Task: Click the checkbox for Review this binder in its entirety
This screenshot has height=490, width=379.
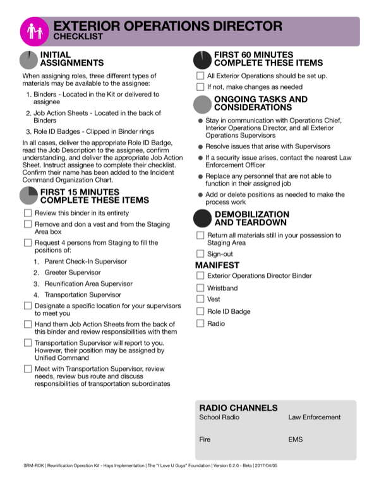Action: (x=28, y=213)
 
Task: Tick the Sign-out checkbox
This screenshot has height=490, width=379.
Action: (x=200, y=254)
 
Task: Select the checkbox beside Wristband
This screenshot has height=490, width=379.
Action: (x=200, y=287)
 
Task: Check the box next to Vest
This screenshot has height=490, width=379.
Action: (x=200, y=299)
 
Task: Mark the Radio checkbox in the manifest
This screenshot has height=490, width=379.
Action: (x=200, y=323)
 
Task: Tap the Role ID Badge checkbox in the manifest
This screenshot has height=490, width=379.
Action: (x=200, y=311)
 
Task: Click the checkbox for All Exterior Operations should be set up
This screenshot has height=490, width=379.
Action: (x=200, y=76)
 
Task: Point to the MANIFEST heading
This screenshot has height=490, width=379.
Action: (x=217, y=265)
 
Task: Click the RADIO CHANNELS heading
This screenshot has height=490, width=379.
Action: (x=238, y=408)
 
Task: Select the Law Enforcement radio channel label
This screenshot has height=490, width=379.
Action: (x=314, y=417)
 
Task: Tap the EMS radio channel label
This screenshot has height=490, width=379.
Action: (x=295, y=439)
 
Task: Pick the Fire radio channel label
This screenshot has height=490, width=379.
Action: (x=205, y=439)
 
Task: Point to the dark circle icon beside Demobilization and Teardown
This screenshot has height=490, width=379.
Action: (x=202, y=218)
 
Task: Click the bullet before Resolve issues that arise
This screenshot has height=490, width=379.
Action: (x=200, y=146)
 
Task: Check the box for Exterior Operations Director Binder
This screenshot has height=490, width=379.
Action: (x=200, y=275)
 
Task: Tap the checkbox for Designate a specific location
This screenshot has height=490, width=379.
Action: (x=28, y=306)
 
